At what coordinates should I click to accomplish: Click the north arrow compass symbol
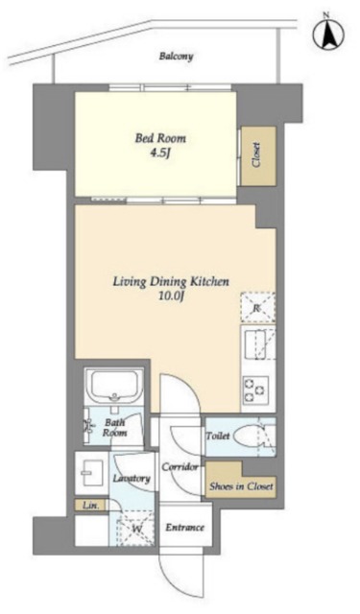[328, 35]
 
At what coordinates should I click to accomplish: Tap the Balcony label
[176, 57]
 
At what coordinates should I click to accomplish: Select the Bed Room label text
[160, 138]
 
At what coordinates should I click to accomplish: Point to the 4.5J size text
[160, 153]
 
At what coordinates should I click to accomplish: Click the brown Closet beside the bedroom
[258, 155]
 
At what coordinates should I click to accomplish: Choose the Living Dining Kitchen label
[171, 281]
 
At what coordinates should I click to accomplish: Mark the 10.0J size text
[171, 296]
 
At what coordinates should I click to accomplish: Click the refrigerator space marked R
[257, 308]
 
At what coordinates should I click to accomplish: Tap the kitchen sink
[258, 343]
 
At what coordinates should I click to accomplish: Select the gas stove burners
[255, 390]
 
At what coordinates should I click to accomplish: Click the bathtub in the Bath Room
[114, 386]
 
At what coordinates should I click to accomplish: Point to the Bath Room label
[114, 428]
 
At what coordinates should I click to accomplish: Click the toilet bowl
[248, 437]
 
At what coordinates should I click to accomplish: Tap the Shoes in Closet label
[241, 486]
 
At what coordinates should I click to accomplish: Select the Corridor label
[180, 467]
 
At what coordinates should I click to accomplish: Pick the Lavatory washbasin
[92, 473]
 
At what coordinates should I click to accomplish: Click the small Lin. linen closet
[90, 506]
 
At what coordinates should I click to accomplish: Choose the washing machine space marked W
[136, 529]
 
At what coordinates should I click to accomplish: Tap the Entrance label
[184, 528]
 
